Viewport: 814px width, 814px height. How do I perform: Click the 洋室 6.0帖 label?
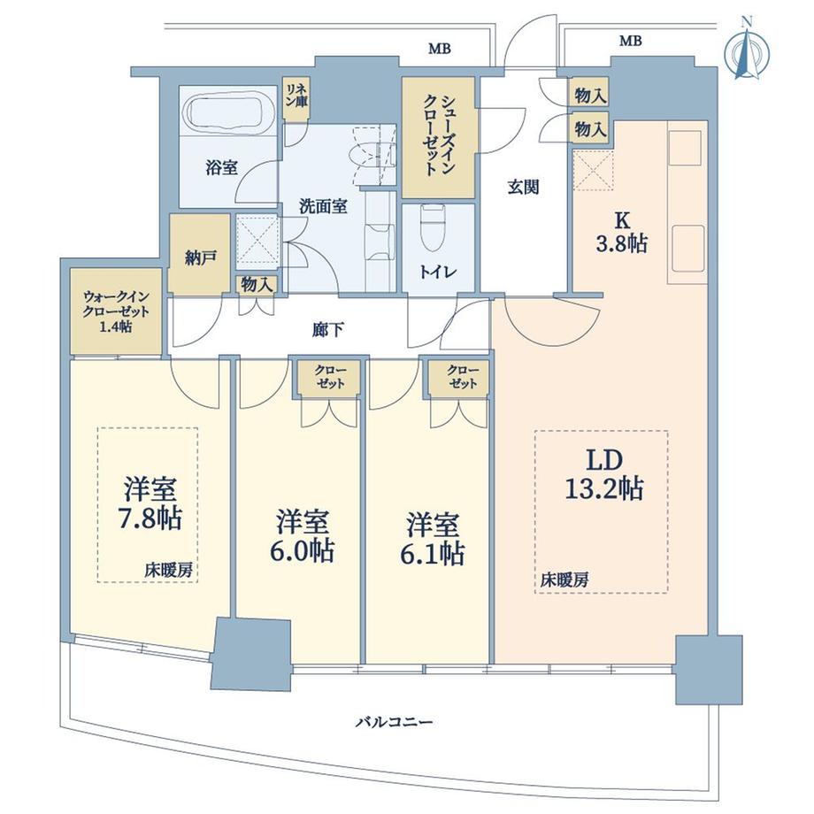click(303, 536)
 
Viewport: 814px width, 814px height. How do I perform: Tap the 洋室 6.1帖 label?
click(435, 538)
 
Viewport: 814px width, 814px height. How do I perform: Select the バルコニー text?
click(394, 722)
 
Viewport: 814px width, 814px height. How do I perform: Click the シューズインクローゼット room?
click(440, 137)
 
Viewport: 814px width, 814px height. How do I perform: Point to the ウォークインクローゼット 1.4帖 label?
click(116, 311)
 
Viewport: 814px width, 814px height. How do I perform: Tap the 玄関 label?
click(524, 188)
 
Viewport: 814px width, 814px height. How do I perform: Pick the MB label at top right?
click(630, 41)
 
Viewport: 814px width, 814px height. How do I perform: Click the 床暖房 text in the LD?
click(565, 580)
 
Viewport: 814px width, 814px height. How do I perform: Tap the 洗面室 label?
click(322, 206)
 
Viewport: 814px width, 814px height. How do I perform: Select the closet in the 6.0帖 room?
click(326, 378)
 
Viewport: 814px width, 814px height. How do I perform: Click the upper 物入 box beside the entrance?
click(589, 95)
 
